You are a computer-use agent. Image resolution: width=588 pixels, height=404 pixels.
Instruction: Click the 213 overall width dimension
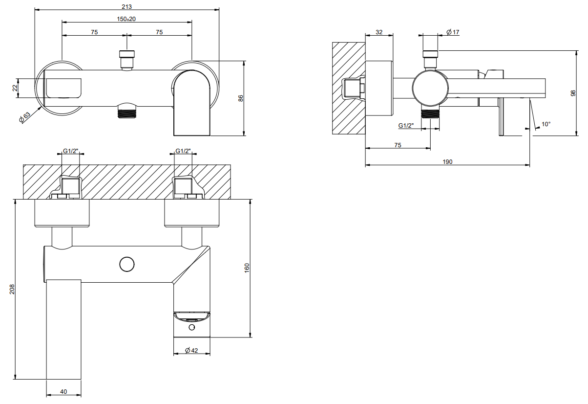coord(127,6)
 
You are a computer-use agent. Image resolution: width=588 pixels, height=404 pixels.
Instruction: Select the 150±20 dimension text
coord(126,19)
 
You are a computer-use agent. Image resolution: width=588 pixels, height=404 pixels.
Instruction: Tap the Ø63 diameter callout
coord(25,117)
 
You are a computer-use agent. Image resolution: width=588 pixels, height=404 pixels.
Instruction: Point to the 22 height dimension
coord(15,88)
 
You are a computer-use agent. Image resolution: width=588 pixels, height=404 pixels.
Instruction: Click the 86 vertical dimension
coord(240,98)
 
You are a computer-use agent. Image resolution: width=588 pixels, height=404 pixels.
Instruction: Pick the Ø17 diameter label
coord(453,32)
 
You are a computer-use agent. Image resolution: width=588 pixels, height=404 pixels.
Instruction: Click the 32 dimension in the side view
coord(379,32)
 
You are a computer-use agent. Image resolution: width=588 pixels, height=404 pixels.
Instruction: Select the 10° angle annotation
coord(546,124)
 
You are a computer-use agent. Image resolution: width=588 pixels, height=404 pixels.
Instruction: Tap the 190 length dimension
coord(447,162)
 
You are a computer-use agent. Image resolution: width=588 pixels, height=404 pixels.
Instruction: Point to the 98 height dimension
coord(573,93)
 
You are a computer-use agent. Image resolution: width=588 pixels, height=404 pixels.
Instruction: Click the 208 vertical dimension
coord(12,289)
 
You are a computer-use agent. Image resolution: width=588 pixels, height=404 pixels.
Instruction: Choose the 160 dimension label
coord(247,268)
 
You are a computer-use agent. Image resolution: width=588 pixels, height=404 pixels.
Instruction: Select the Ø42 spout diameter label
coord(191,350)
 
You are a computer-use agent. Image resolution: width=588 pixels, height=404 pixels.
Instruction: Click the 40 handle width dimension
coord(63,392)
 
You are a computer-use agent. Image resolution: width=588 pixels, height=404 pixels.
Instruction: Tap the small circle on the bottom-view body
coord(127,264)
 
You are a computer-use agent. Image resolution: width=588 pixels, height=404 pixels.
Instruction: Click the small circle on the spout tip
coord(192,328)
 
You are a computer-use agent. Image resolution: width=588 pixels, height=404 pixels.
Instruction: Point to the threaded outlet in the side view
coord(430,114)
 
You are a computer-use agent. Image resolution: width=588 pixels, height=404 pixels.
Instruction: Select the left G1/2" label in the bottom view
coord(71,151)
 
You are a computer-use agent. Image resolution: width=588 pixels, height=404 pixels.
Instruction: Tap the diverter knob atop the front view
coord(127,60)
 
